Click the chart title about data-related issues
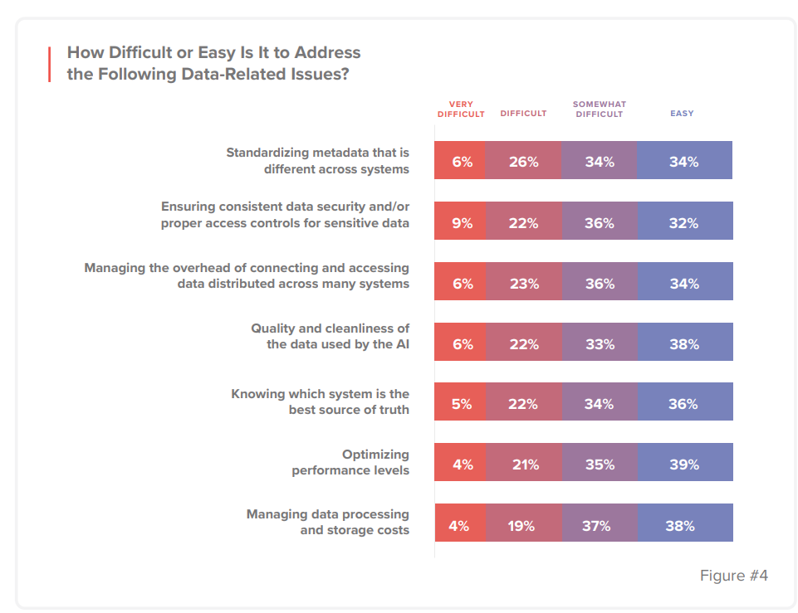pos(213,63)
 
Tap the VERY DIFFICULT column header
pos(461,109)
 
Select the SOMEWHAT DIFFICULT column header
pos(599,109)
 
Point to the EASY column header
pos(682,114)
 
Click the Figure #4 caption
pos(733,576)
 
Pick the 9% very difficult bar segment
pos(461,223)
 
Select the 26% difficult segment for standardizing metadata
pos(523,163)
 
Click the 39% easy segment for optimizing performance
pos(684,465)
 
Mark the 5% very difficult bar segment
pos(461,404)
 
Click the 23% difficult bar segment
pos(523,284)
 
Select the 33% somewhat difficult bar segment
pos(599,344)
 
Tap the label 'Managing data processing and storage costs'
pos(327,523)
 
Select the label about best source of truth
pos(320,402)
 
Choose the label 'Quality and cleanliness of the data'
pos(330,336)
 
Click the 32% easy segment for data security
pos(684,223)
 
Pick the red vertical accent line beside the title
pos(49,64)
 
